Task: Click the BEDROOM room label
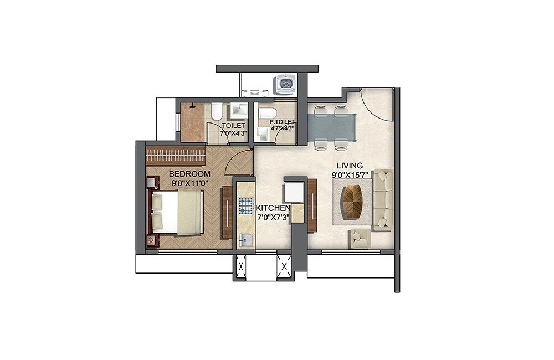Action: pyautogui.click(x=189, y=174)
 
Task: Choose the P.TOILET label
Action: pyautogui.click(x=281, y=122)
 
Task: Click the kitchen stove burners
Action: pyautogui.click(x=245, y=206)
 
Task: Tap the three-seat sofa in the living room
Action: pyautogui.click(x=383, y=199)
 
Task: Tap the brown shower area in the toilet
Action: pyautogui.click(x=193, y=123)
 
